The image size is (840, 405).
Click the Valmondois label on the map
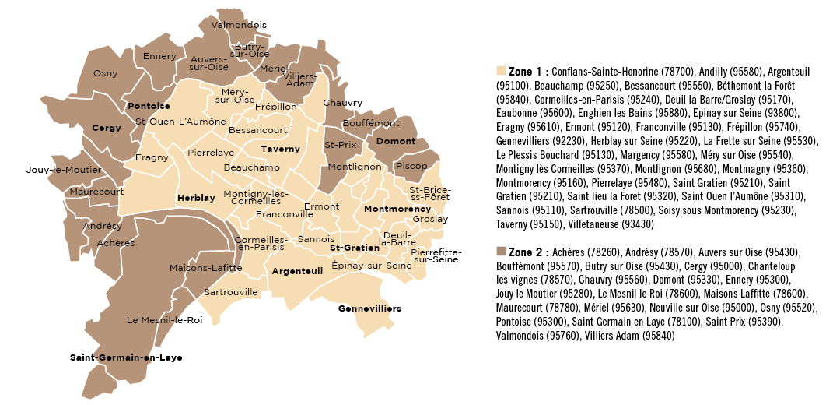pos(239,25)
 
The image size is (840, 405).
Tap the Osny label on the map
pos(105,73)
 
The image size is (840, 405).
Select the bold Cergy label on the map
pos(107,128)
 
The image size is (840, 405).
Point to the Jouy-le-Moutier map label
pos(58,169)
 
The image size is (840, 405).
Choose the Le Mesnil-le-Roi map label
pos(164,319)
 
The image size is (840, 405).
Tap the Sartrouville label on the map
pos(231,292)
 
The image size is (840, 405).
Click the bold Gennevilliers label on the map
pos(369,308)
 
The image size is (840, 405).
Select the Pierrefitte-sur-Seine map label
pos(436,255)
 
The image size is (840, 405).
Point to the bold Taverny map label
pos(280,148)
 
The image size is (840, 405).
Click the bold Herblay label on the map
pos(196,198)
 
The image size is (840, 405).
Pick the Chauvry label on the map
pos(343,103)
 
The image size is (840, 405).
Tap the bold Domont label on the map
pos(396,142)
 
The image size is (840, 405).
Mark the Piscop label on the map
pos(411,166)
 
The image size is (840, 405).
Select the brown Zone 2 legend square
pos(500,252)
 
